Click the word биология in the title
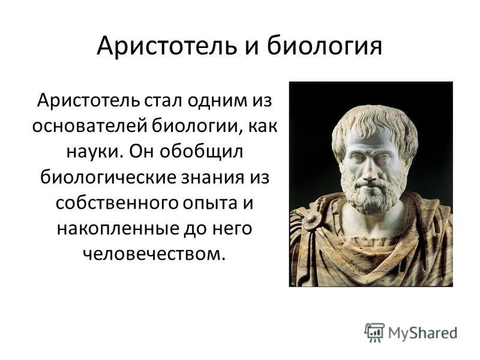325,47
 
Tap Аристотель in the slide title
167,46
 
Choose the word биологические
108,178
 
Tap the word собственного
116,203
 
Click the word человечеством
154,254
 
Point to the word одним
217,101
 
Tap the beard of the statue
371,196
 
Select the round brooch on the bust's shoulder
311,220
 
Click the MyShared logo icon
374,332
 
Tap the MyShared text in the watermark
423,333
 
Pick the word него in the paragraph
233,229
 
